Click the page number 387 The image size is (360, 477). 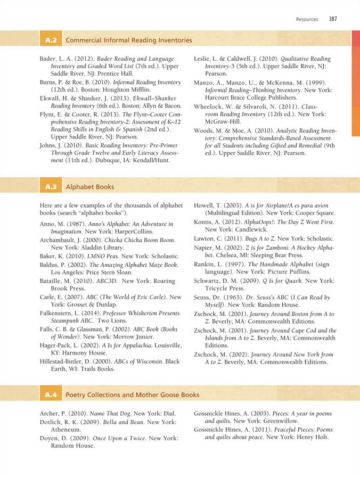(x=333, y=19)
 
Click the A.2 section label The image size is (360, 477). (x=52, y=40)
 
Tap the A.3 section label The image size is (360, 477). (x=52, y=187)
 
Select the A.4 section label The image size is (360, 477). (x=52, y=395)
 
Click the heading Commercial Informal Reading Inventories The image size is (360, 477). (x=128, y=40)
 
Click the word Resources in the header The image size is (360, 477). (x=307, y=19)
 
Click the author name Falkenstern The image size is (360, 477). (x=59, y=314)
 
